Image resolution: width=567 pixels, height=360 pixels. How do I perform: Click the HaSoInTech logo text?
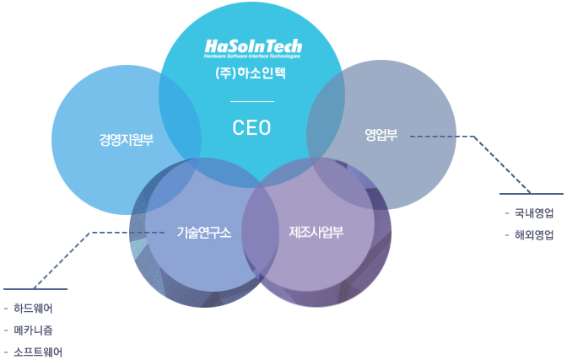click(x=253, y=46)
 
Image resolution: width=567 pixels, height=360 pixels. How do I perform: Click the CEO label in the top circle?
click(x=252, y=127)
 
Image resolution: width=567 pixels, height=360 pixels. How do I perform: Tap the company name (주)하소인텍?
click(x=252, y=73)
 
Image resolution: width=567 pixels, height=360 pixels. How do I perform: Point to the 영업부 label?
click(x=381, y=133)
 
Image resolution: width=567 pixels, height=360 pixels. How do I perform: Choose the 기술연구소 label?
click(x=203, y=232)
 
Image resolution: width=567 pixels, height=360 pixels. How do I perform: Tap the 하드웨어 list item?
click(x=38, y=309)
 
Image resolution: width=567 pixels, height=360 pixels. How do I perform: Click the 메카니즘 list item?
click(x=38, y=330)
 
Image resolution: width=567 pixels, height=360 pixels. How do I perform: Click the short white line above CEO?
click(x=252, y=101)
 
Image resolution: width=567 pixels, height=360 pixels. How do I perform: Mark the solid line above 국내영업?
click(x=531, y=194)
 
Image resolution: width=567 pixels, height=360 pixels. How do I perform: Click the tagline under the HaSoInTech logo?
click(x=252, y=56)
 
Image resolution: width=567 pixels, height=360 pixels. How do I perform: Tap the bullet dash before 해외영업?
click(x=506, y=235)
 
